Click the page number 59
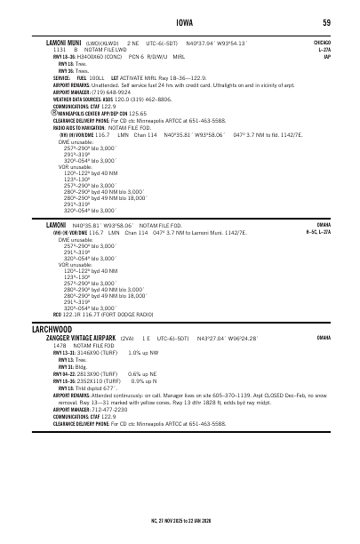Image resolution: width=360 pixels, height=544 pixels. click(326, 22)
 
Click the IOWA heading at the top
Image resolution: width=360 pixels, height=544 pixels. click(180, 22)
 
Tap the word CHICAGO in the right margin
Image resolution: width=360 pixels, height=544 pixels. click(321, 42)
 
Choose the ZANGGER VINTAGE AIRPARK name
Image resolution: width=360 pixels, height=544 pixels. click(81, 339)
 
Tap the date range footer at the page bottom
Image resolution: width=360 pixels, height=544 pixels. click(180, 516)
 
